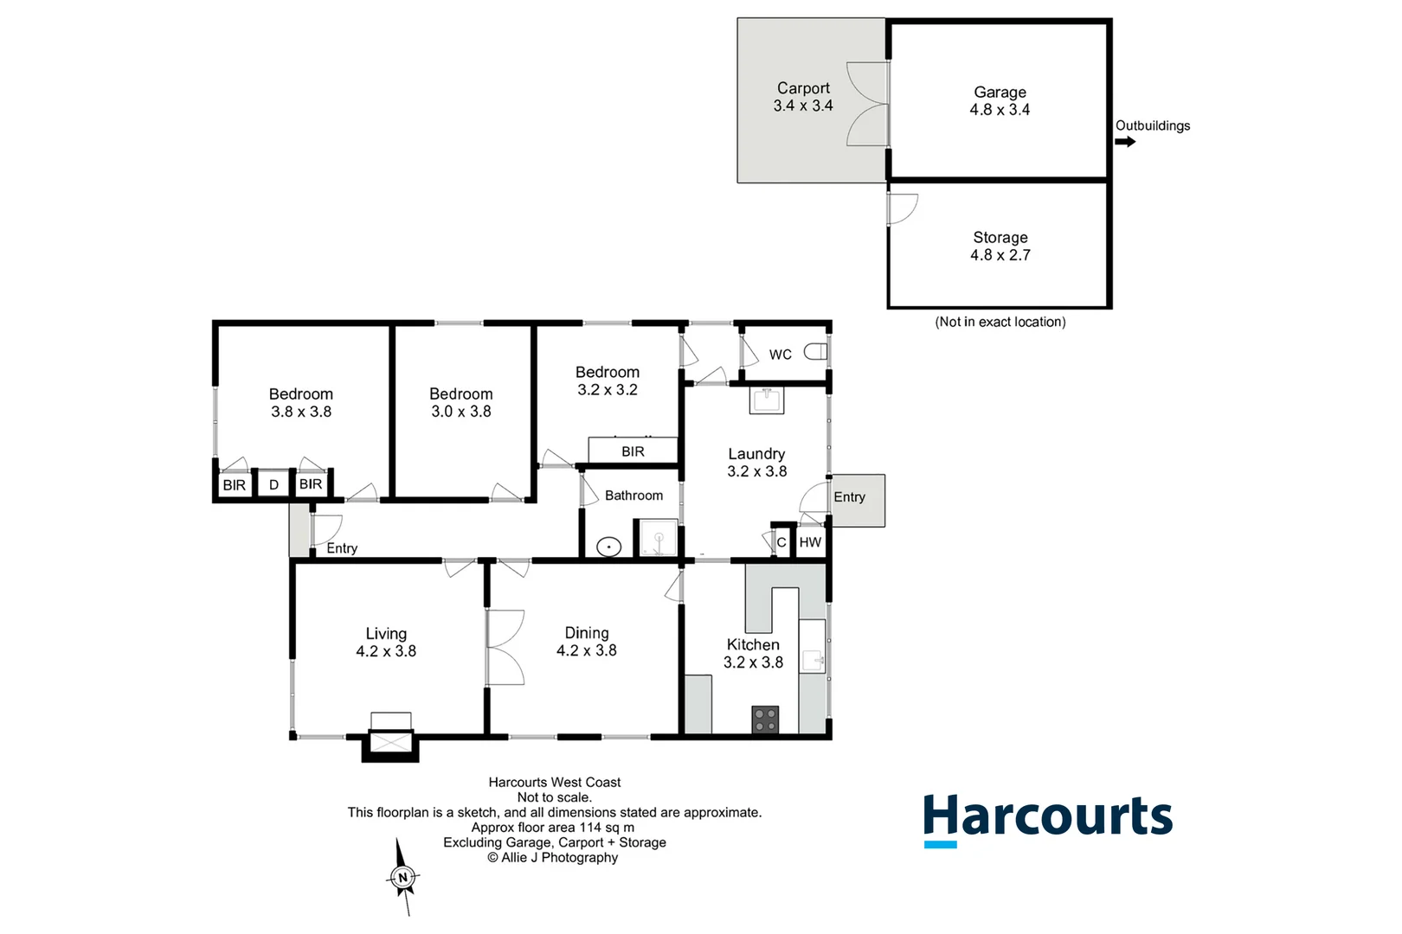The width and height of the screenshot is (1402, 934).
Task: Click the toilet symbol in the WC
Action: click(x=815, y=352)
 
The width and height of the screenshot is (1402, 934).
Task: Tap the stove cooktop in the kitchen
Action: click(x=765, y=720)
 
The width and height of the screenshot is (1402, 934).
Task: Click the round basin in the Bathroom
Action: click(x=609, y=547)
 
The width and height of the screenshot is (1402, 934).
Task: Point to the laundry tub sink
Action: click(x=767, y=400)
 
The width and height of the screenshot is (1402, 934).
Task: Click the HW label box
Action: click(x=811, y=542)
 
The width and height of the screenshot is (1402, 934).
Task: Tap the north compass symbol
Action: click(x=402, y=877)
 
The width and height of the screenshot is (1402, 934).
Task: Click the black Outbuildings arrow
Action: click(x=1125, y=142)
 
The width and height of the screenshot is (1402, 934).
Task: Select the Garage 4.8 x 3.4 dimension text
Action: click(x=1000, y=110)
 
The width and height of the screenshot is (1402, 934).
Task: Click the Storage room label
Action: click(x=1000, y=237)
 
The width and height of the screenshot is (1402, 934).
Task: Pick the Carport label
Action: click(x=803, y=88)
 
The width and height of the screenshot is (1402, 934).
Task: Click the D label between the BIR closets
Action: click(x=274, y=485)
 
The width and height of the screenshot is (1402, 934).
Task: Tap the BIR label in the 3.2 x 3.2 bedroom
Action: click(x=633, y=451)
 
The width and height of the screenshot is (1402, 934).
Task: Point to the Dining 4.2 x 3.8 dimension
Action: click(x=587, y=650)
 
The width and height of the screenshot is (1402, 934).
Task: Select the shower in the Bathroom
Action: click(x=658, y=538)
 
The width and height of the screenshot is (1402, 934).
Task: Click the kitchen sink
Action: click(x=812, y=660)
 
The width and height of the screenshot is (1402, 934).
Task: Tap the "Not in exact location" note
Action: click(x=1000, y=322)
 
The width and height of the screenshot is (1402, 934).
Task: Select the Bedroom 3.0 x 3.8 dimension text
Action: click(x=461, y=412)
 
